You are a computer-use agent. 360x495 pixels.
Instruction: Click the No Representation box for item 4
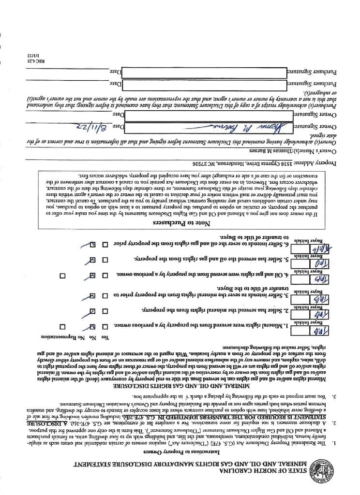pos(62,276)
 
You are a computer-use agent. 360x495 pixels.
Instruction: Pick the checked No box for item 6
pos(92,245)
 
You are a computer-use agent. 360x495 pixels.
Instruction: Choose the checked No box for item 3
pos(92,294)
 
